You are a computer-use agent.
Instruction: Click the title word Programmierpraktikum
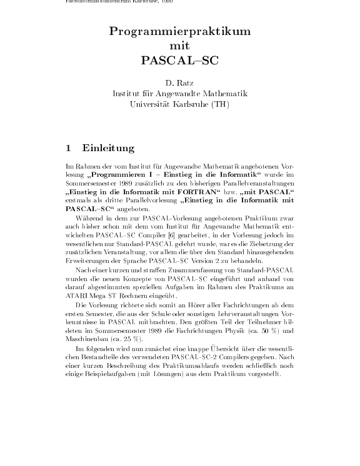click(x=180, y=32)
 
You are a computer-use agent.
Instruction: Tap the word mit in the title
click(x=180, y=46)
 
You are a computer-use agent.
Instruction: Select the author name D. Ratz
click(x=180, y=82)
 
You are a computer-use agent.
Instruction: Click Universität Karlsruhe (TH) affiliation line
click(x=180, y=104)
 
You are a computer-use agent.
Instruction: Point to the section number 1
click(x=68, y=149)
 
